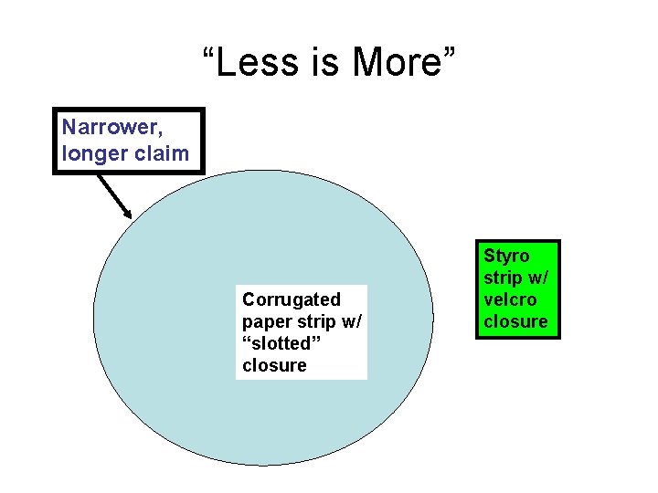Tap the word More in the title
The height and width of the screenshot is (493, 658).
point(397,63)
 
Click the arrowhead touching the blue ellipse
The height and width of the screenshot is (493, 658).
point(128,213)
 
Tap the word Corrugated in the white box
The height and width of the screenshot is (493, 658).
point(291,299)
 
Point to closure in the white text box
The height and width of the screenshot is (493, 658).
point(274,365)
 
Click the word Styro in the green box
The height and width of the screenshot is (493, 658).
point(507,256)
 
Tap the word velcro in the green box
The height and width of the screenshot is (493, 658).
point(510,299)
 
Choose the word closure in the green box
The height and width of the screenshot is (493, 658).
point(515,321)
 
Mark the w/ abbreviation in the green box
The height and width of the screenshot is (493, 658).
point(538,278)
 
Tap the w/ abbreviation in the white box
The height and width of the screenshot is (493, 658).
point(352,321)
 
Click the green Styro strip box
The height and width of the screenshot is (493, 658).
point(516,288)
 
